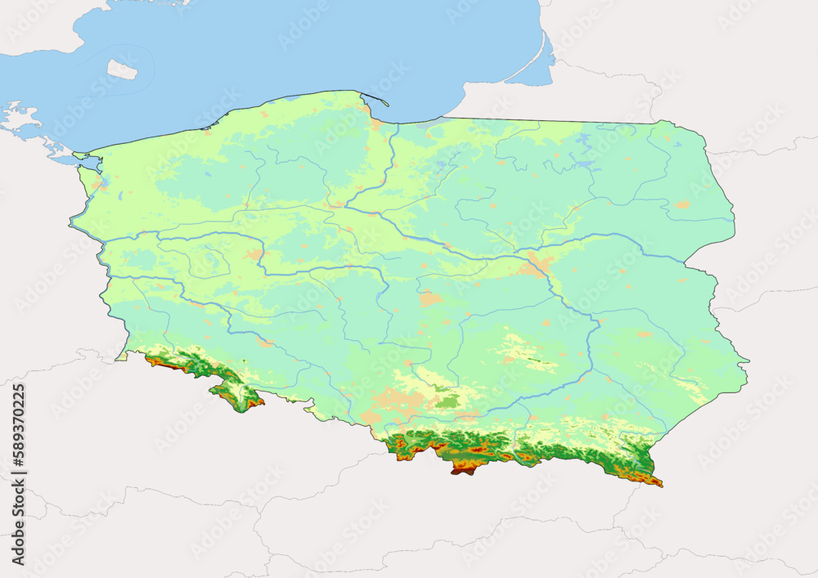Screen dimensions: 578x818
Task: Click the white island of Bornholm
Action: pos(122,69)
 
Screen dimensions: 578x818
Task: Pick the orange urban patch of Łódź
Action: pos(430,298)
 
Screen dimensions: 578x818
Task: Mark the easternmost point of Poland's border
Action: pos(746,361)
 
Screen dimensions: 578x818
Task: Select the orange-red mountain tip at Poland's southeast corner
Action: pos(654,481)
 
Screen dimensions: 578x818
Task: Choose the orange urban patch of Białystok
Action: pos(681,204)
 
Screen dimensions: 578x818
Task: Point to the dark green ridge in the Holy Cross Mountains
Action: pos(532,360)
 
